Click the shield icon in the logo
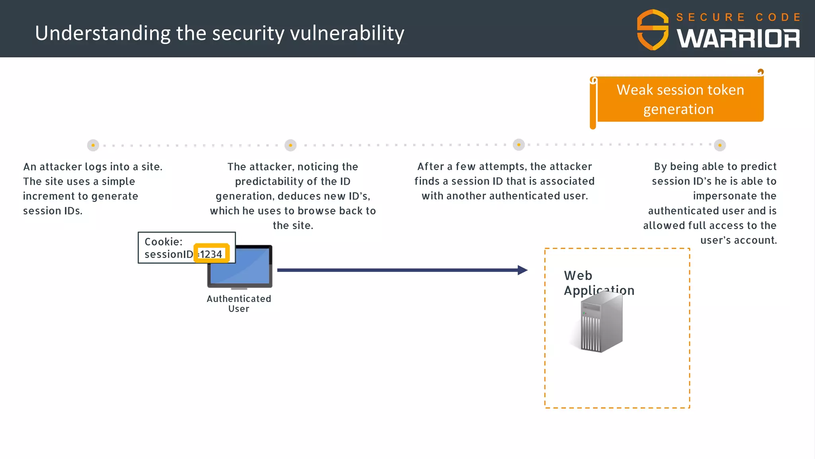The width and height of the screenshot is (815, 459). click(x=653, y=30)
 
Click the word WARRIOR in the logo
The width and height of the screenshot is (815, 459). click(x=738, y=39)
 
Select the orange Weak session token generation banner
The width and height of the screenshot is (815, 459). click(x=680, y=99)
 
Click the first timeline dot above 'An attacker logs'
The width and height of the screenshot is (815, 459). click(x=93, y=145)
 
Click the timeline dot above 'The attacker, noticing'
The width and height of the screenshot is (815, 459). click(x=291, y=145)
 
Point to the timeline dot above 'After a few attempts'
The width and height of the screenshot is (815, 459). click(x=519, y=145)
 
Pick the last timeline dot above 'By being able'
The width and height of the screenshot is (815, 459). click(x=719, y=145)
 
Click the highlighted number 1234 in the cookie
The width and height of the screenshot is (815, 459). click(x=211, y=254)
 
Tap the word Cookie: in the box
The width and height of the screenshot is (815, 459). click(x=163, y=241)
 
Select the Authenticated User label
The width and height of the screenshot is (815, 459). click(x=239, y=304)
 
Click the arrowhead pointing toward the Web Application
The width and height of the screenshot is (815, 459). click(x=523, y=270)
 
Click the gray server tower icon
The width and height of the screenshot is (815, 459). click(x=601, y=323)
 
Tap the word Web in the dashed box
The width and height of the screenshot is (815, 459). click(x=578, y=275)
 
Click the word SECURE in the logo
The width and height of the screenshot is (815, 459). click(x=710, y=17)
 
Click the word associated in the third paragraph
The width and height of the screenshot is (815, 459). click(x=567, y=181)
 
